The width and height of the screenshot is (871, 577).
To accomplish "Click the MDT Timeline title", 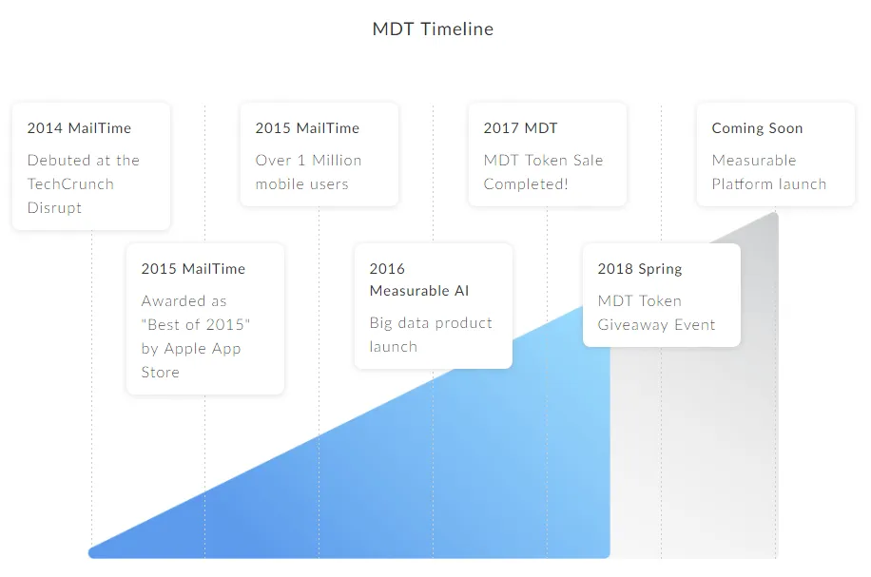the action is click(433, 29).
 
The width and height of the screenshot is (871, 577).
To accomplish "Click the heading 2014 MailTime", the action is click(79, 128).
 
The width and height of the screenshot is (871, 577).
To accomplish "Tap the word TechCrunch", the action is click(70, 183).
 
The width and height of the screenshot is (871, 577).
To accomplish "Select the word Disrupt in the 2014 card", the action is click(54, 208).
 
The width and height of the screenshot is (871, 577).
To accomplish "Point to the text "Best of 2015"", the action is click(196, 324).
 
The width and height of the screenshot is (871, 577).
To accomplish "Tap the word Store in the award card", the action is click(160, 372).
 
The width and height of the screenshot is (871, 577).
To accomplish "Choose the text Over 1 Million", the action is click(308, 160).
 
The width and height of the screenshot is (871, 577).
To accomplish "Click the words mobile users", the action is click(301, 183).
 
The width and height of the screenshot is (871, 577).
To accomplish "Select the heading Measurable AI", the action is click(419, 291).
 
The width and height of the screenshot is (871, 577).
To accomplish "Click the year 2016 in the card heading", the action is click(387, 269).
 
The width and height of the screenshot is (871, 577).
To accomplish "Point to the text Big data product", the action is click(431, 323).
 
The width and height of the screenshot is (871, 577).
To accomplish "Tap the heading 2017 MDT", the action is click(520, 128).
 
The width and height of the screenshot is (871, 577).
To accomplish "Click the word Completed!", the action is click(526, 184).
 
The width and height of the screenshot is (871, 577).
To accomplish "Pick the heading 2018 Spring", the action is click(640, 269).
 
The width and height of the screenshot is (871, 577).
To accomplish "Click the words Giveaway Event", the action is click(657, 325).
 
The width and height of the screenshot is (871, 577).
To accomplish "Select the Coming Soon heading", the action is click(757, 129).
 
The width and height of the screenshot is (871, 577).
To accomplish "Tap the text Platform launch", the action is click(769, 183).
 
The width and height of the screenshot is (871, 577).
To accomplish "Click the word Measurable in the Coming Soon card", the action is click(754, 160).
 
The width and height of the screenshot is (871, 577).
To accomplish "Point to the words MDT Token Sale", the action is click(543, 160).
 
